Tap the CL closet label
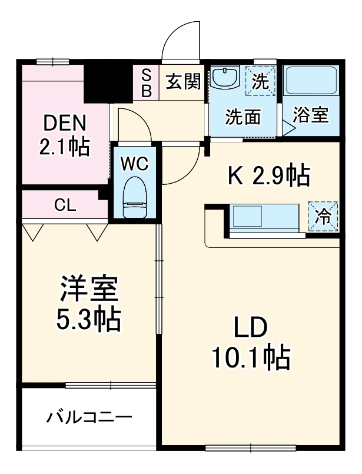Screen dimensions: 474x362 64,205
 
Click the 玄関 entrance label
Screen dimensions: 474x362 182,82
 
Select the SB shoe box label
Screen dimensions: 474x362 147,82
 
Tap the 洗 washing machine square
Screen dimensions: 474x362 260,81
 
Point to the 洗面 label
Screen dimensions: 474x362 243,117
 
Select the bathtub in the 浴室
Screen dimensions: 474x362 310,81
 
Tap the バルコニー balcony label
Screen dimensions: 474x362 89,417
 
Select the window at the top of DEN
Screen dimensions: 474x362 52,61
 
